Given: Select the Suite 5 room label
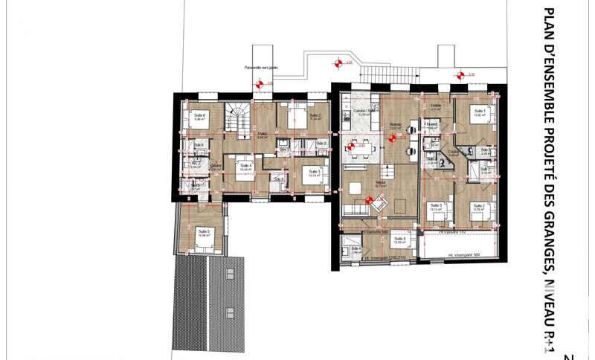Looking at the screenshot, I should coord(203,231).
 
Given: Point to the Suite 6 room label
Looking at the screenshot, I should coord(199,115).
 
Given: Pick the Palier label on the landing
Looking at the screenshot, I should coord(262,135).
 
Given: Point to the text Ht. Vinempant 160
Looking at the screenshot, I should coord(463,254).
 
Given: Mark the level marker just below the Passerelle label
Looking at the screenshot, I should coord(260,83).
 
